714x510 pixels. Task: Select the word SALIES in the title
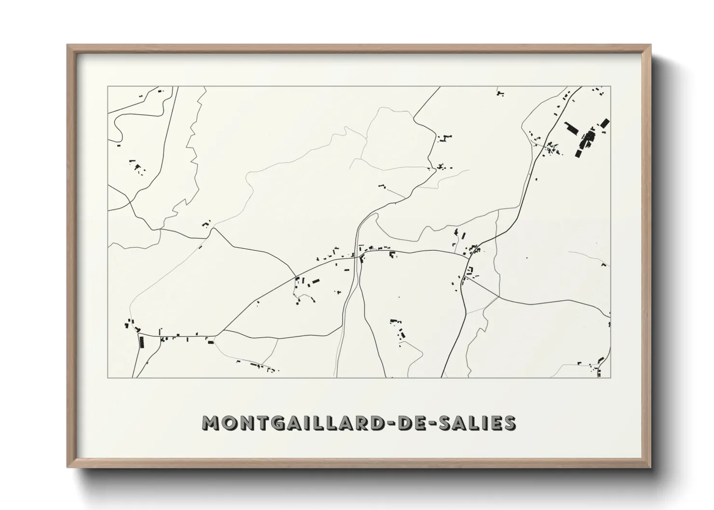pos(475,423)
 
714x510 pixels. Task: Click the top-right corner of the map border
pos(611,86)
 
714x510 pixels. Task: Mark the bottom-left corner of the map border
pos(108,377)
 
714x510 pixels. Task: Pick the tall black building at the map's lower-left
pos(142,342)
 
